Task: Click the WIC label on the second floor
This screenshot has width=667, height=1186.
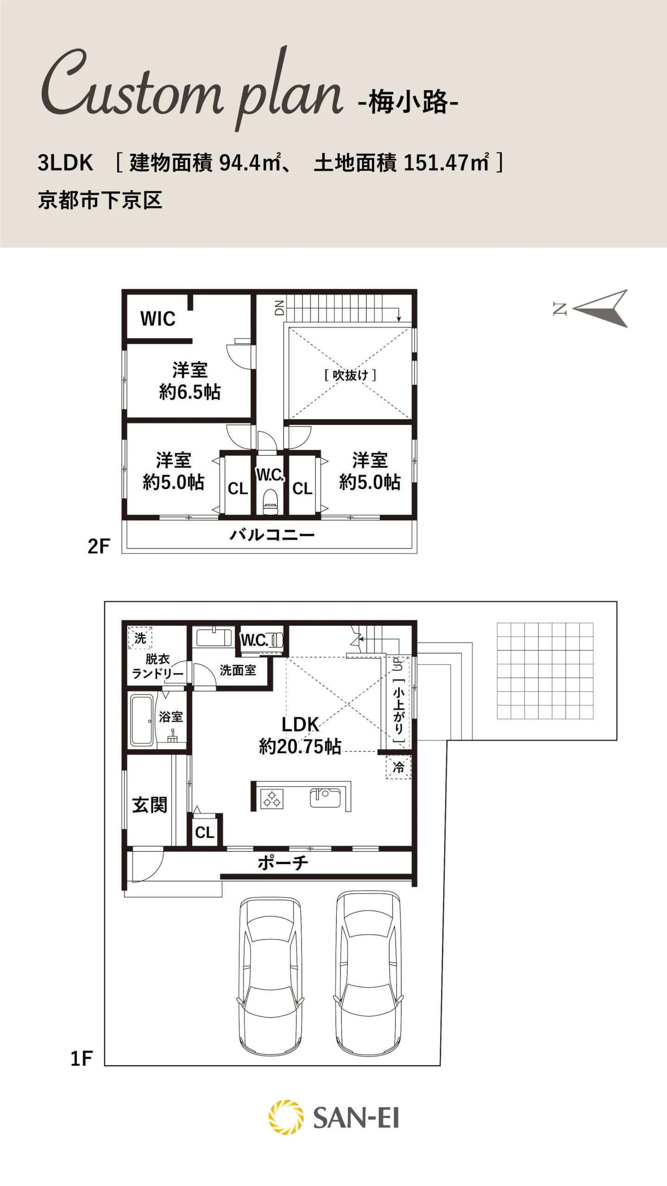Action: pyautogui.click(x=158, y=319)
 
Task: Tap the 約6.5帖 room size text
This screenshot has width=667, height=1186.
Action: pyautogui.click(x=190, y=392)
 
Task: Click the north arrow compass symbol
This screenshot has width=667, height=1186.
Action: pyautogui.click(x=601, y=309)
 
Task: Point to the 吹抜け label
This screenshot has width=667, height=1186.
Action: pyautogui.click(x=350, y=375)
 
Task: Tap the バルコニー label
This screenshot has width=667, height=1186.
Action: pyautogui.click(x=272, y=535)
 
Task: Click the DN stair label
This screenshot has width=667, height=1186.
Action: pyautogui.click(x=279, y=308)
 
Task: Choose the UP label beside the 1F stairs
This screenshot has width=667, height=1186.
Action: pyautogui.click(x=398, y=664)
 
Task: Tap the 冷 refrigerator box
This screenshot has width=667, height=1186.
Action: pyautogui.click(x=398, y=767)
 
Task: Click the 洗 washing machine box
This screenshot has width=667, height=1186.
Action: pyautogui.click(x=140, y=638)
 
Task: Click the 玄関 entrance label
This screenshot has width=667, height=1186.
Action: pyautogui.click(x=150, y=805)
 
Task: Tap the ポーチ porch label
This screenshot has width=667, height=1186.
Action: pyautogui.click(x=283, y=862)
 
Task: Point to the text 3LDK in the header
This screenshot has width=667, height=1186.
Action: pyautogui.click(x=65, y=163)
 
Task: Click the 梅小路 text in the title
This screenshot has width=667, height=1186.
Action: pyautogui.click(x=409, y=102)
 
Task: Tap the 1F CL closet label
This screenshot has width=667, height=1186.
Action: pyautogui.click(x=205, y=833)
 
